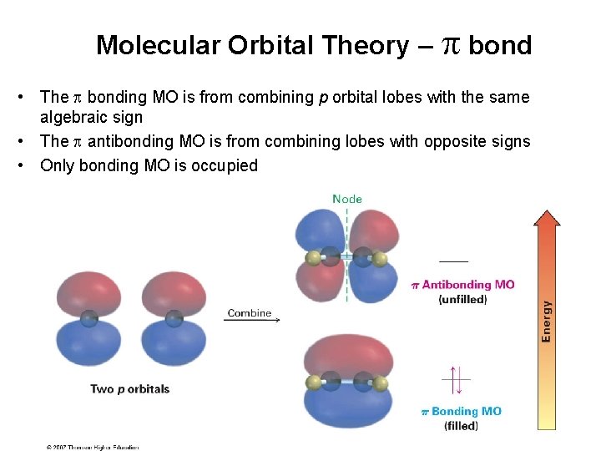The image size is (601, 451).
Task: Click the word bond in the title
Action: click(x=499, y=45)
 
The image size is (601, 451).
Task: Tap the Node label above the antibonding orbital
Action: click(x=347, y=199)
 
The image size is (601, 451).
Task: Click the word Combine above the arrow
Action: click(x=250, y=313)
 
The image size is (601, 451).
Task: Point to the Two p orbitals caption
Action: click(x=129, y=389)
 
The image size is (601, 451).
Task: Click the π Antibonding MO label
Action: click(x=462, y=285)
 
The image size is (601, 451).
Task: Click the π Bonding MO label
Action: click(x=461, y=411)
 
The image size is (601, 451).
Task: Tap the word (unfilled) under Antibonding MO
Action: click(x=462, y=299)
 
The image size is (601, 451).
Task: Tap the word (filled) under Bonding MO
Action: click(x=461, y=425)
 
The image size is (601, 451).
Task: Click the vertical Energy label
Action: click(x=546, y=321)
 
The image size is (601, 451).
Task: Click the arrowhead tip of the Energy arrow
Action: click(x=546, y=210)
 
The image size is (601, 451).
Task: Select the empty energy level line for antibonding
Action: click(x=453, y=262)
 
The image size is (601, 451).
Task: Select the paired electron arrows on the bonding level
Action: click(x=455, y=380)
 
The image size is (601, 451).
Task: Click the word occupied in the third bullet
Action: click(x=225, y=165)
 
